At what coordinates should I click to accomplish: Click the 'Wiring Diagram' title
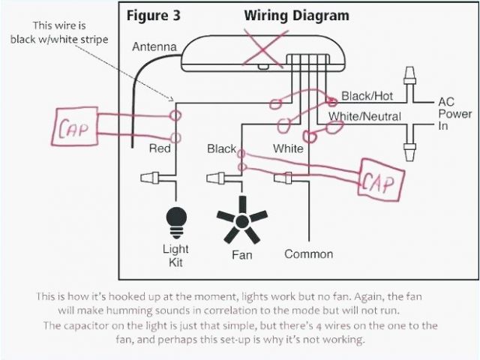[296, 15]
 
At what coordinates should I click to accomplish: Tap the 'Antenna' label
[154, 47]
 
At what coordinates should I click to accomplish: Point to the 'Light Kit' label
[175, 255]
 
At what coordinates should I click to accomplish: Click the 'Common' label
[308, 254]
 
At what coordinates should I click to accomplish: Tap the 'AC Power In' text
[454, 114]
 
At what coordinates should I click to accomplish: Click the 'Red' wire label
[160, 148]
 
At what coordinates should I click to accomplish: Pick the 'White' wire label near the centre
[288, 148]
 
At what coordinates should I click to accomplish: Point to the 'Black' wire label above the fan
[221, 148]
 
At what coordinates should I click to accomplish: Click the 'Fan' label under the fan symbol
[241, 255]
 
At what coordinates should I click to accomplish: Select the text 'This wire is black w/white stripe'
[59, 32]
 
